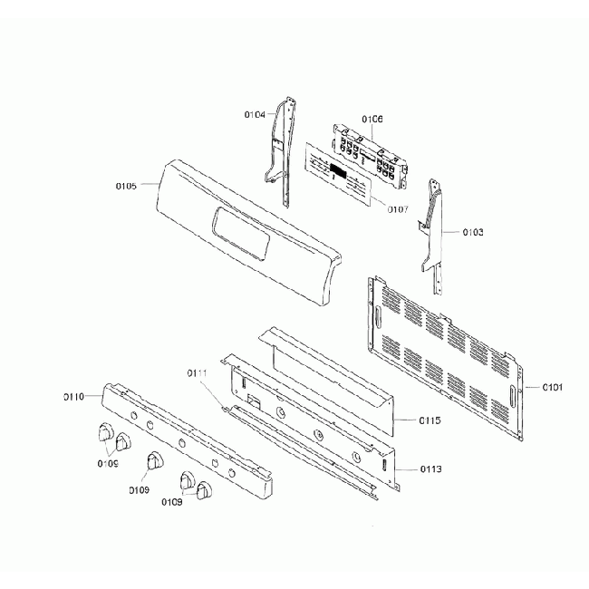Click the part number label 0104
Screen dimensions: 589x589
(255, 115)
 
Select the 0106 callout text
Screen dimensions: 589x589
(372, 120)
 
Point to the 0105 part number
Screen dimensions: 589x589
(126, 186)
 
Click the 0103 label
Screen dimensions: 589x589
(472, 232)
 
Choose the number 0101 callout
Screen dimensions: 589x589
(553, 388)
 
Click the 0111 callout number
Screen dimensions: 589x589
(198, 373)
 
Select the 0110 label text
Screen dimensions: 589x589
(73, 397)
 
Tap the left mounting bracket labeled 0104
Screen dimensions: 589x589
(282, 150)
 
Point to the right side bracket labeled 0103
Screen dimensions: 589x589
(434, 231)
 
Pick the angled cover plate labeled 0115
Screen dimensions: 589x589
(326, 372)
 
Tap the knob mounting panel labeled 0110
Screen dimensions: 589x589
(186, 435)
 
